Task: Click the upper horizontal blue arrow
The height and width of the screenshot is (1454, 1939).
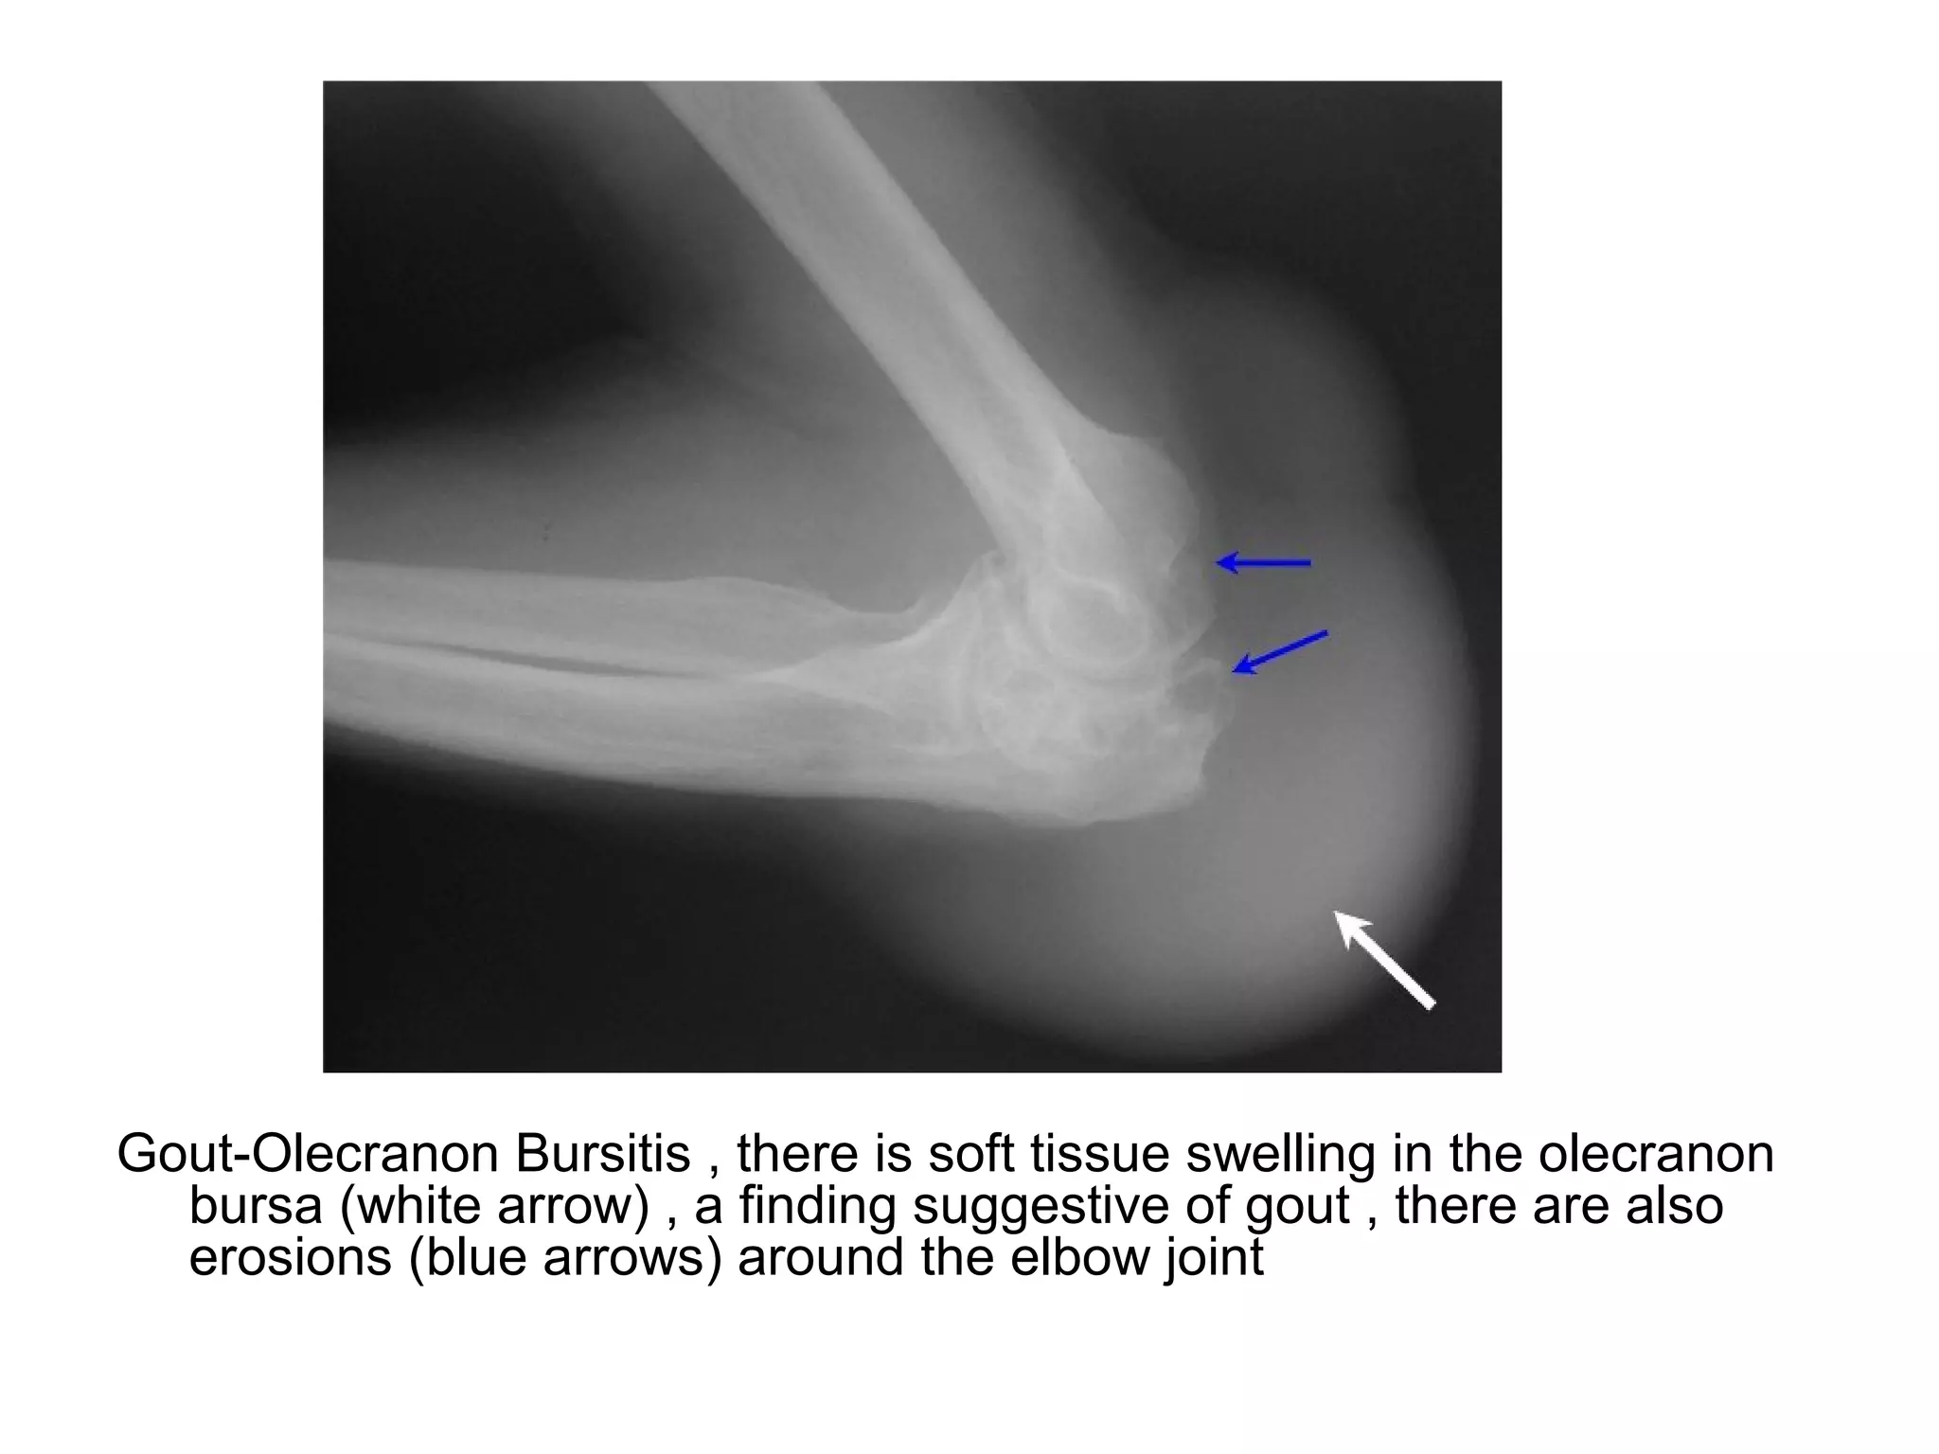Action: coord(1263,563)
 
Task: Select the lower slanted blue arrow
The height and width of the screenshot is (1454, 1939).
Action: coord(1280,651)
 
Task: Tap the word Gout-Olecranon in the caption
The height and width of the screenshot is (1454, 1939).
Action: coord(308,1154)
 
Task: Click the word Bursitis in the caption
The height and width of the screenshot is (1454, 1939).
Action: coord(603,1154)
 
